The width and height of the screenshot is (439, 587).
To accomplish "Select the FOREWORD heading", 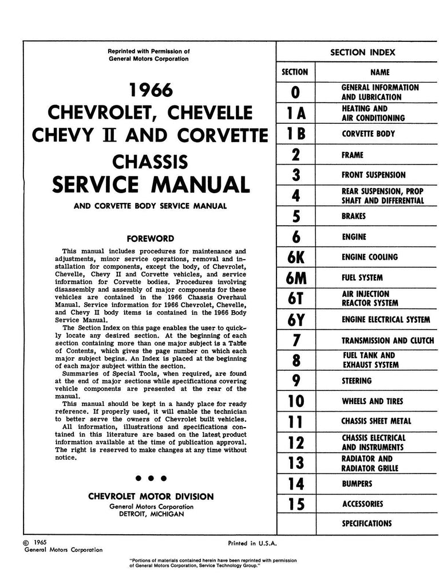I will [x=151, y=238].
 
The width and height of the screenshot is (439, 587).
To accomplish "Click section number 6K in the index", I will [x=295, y=257].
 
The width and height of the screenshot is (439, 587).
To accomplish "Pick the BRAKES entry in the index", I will [x=353, y=217].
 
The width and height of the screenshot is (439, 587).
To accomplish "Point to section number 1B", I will [x=295, y=134].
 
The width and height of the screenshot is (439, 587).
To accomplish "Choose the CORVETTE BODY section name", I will [x=368, y=134].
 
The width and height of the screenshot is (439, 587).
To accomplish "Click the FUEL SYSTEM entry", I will [x=362, y=278].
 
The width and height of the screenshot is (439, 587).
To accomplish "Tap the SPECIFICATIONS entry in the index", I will [x=367, y=523].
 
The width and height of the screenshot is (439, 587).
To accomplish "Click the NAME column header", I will [x=380, y=72].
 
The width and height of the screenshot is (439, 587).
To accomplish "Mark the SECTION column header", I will [x=295, y=72].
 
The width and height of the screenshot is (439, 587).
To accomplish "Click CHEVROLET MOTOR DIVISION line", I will [x=151, y=496].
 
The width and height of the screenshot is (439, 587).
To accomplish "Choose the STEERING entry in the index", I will [x=357, y=381].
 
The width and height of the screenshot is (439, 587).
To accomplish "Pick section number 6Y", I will [x=295, y=319].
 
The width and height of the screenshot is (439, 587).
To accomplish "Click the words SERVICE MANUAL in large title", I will [x=151, y=185].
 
